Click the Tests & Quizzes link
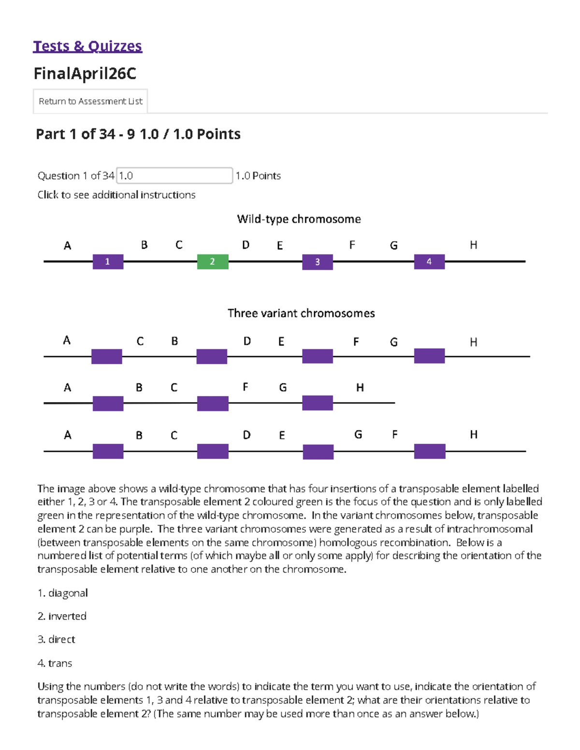pos(87,46)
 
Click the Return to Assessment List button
pos(90,101)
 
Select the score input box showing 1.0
pos(174,176)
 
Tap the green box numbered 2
pos(213,262)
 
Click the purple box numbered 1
pos(108,262)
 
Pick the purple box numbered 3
pos(318,262)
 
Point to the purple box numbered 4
pos(429,262)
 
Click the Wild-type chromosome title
pos(299,219)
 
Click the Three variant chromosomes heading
pos(301,313)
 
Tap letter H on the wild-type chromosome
pos(474,245)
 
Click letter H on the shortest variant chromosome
pos(360,388)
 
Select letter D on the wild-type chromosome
pos(246,245)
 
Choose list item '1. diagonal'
pos(63,593)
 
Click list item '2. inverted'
pos(62,616)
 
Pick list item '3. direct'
pos(57,639)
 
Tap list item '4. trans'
pos(55,663)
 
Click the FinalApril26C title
pos(85,73)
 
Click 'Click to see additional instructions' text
pos(116,195)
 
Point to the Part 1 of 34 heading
pos(138,134)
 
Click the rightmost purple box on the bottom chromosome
pos(430,452)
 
